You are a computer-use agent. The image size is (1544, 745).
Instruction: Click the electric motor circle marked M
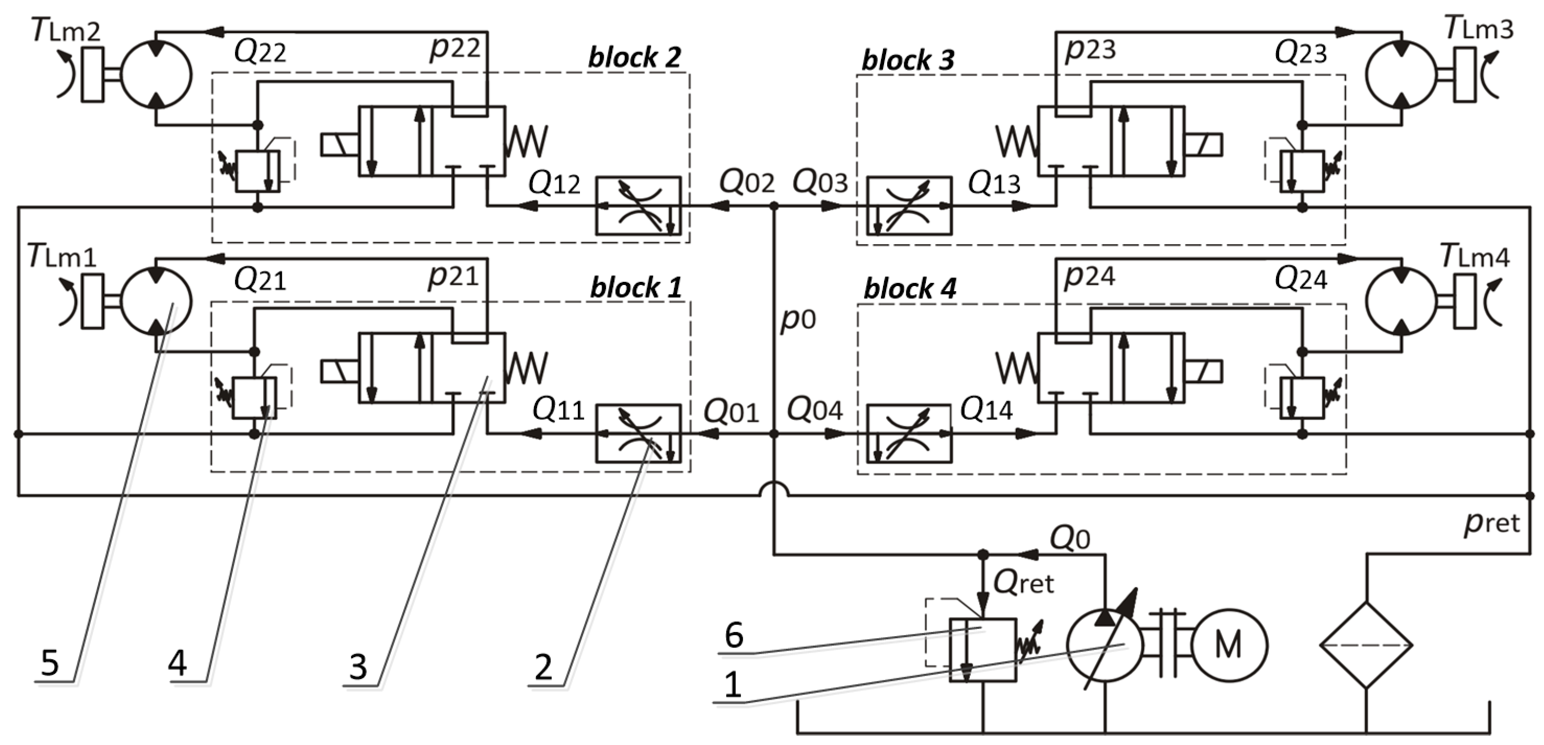1228,645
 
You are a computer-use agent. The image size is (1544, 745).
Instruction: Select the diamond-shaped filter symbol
1366,645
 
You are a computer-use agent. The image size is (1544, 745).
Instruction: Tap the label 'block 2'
635,57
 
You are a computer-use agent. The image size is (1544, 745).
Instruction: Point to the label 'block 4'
909,289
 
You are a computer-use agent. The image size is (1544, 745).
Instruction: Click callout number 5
50,663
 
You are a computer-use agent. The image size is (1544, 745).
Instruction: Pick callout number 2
543,667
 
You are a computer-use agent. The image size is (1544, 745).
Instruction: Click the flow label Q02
746,182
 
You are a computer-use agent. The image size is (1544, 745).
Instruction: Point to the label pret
1492,522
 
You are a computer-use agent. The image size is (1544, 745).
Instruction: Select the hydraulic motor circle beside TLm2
156,75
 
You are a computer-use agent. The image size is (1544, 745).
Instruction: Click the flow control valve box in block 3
909,205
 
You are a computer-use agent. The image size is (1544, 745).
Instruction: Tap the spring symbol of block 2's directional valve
527,141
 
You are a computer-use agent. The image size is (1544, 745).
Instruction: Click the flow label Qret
1023,582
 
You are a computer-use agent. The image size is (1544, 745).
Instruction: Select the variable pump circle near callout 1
1105,645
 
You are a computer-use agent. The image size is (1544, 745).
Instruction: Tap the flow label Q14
986,410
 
